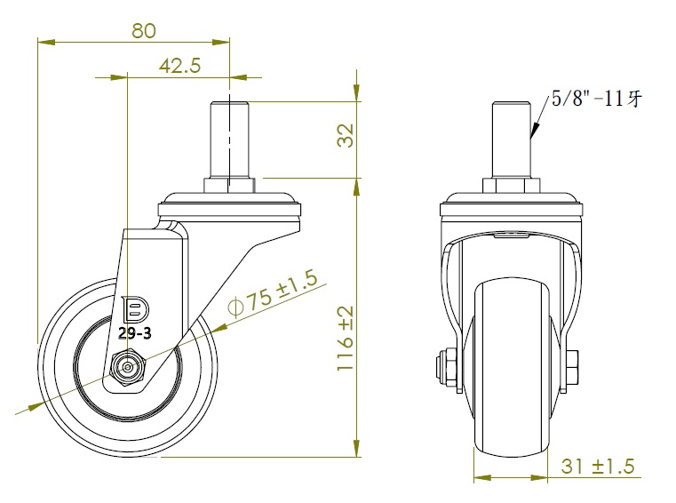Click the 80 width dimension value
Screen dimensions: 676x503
tap(144, 31)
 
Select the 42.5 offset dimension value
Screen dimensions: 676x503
tap(179, 66)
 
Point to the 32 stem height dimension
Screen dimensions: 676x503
tap(346, 135)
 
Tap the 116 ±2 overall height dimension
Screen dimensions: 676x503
tap(346, 339)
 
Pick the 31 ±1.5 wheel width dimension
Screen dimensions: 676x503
tap(598, 467)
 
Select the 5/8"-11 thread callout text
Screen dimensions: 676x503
tap(597, 99)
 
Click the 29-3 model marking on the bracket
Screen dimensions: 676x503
tap(134, 333)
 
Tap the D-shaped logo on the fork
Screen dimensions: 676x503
tap(135, 309)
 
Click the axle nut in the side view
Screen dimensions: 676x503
tap(128, 367)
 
